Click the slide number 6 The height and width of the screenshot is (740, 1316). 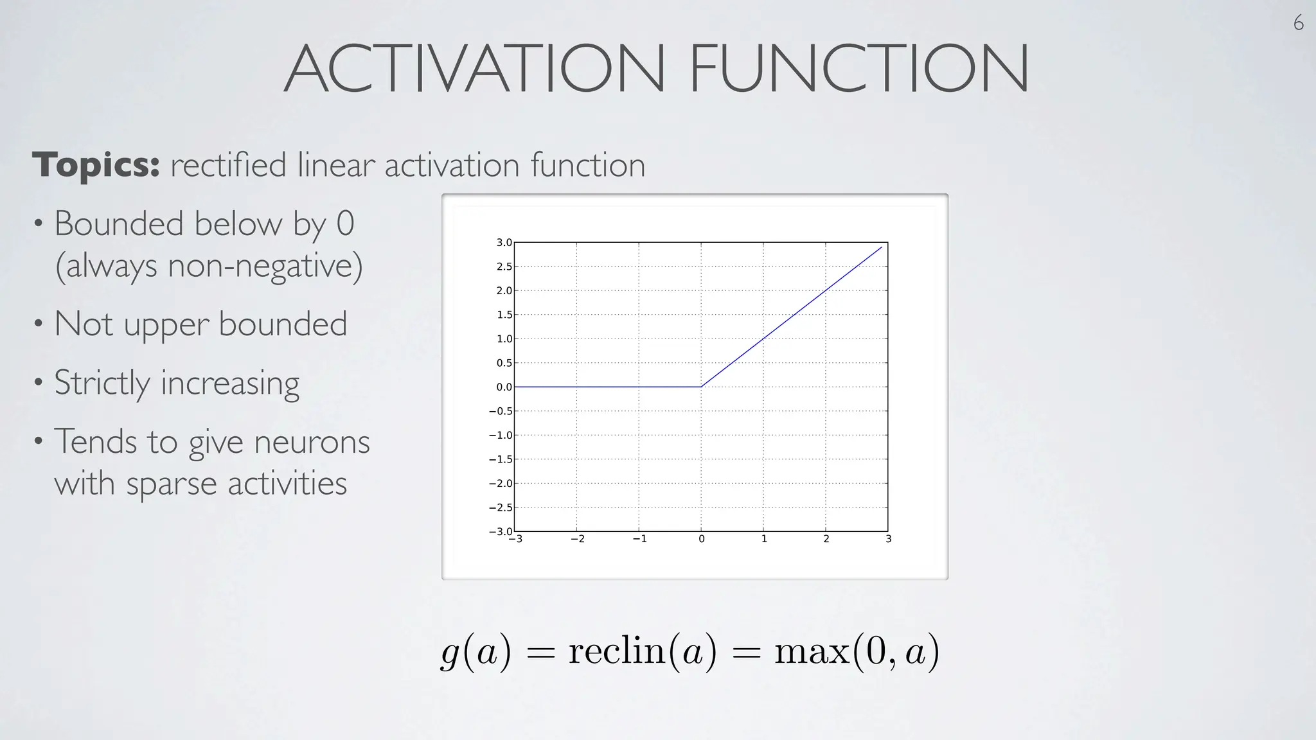1298,23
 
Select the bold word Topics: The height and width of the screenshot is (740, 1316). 96,165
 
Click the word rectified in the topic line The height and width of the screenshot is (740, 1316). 228,165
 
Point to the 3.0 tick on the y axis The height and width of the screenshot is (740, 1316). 504,243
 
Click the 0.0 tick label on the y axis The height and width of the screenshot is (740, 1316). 504,387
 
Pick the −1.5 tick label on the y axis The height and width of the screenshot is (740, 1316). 501,459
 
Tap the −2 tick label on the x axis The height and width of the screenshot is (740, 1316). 578,539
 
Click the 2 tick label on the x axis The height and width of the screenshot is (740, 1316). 826,539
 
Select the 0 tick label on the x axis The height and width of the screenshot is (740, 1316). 702,539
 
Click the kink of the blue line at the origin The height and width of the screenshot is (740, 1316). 701,387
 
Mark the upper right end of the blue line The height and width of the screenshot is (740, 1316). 882,247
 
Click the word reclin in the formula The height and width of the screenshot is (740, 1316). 616,651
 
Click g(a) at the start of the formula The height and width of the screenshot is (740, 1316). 476,651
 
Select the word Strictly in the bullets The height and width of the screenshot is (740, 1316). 102,383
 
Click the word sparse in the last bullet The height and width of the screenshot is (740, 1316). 172,484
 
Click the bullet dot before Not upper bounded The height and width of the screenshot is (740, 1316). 39,324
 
